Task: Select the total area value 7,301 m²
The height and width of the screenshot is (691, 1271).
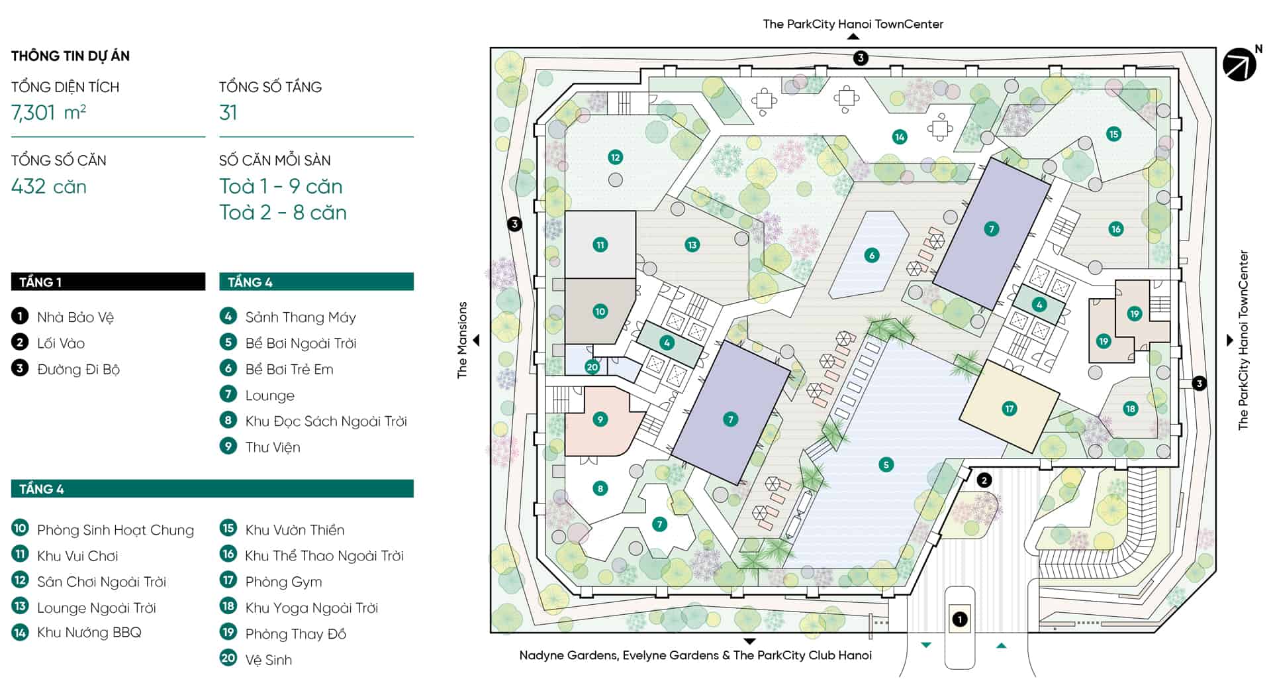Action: coord(48,113)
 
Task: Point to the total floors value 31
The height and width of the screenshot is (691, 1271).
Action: coord(228,113)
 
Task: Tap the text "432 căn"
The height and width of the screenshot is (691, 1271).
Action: coord(49,186)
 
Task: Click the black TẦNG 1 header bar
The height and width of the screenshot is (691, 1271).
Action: coord(108,282)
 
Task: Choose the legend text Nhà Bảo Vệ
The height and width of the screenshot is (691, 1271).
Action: coord(75,317)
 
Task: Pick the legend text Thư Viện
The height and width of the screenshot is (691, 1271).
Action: coord(273,447)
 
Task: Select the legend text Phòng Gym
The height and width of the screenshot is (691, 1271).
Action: coord(283,582)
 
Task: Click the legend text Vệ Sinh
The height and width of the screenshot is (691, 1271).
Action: coord(268,660)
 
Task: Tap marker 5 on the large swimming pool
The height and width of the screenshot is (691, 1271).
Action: coord(886,464)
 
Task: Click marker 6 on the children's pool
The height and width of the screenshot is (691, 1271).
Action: coord(871,255)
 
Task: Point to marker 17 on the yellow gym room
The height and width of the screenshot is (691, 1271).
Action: coord(1009,409)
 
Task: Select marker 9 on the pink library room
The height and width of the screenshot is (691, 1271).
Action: coord(600,419)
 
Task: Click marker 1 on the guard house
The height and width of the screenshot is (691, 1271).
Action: coord(959,619)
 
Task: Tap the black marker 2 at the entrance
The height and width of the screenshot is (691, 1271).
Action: coord(984,480)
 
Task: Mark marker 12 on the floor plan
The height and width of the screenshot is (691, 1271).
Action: coord(615,158)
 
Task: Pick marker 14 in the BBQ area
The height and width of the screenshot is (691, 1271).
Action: coord(899,137)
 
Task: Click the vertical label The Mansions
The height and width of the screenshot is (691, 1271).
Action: coord(462,340)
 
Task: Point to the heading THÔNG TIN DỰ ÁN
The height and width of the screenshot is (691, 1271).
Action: coord(70,56)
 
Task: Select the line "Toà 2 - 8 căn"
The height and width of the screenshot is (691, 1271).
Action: coord(283,213)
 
